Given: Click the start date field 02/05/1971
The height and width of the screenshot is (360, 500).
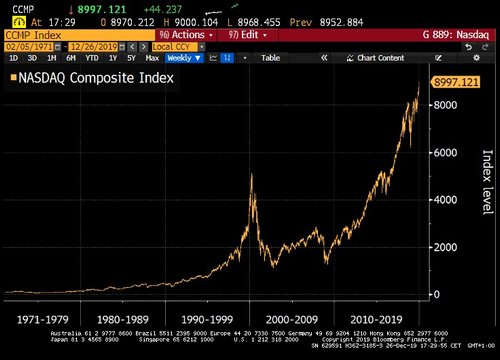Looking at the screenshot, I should click(27, 46).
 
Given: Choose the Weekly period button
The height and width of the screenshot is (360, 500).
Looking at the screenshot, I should click(181, 58).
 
